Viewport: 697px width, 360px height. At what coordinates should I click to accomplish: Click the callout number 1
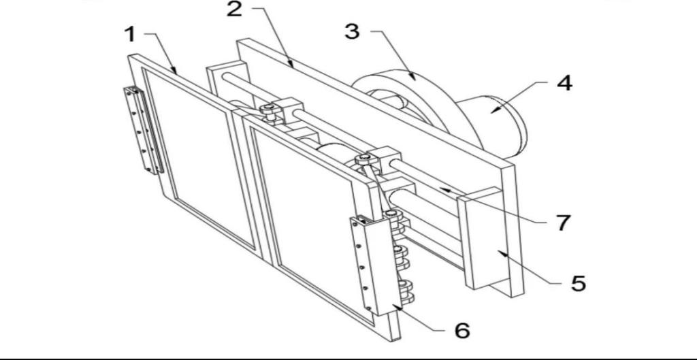pyautogui.click(x=130, y=34)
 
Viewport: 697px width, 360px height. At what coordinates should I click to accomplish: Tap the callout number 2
pyautogui.click(x=235, y=9)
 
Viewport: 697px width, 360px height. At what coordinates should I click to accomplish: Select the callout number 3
pyautogui.click(x=352, y=31)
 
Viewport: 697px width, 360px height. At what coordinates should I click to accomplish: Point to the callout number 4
pyautogui.click(x=564, y=83)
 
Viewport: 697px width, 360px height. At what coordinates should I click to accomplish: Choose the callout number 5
pyautogui.click(x=579, y=283)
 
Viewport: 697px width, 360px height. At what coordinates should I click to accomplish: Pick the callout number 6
pyautogui.click(x=462, y=330)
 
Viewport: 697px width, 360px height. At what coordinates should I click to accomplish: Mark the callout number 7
pyautogui.click(x=564, y=223)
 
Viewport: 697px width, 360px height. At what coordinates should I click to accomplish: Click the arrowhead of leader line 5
pyautogui.click(x=502, y=252)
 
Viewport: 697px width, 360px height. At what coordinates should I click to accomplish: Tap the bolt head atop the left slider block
pyautogui.click(x=268, y=108)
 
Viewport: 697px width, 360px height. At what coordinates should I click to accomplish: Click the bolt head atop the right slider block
pyautogui.click(x=363, y=157)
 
